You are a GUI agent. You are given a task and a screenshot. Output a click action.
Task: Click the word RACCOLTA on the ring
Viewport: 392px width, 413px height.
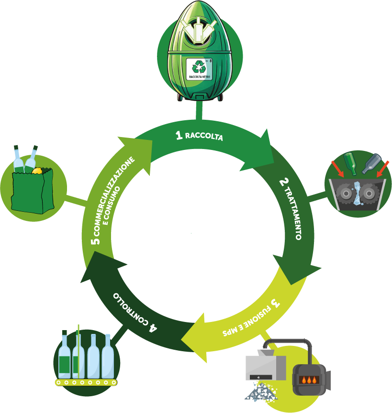coord(204,136)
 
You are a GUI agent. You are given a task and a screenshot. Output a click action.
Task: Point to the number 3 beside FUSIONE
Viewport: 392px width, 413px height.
coord(275,303)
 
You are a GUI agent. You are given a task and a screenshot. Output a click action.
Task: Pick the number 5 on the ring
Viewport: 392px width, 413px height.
coord(95,241)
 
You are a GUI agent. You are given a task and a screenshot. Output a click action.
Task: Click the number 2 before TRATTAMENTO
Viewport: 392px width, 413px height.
coord(284,182)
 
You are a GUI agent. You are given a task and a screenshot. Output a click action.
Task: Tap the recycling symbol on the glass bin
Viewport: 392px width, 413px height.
coord(199,67)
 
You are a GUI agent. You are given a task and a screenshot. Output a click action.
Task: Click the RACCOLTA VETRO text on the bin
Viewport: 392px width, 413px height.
coord(200,77)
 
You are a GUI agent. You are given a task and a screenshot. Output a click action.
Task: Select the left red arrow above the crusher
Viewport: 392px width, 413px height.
coord(337,169)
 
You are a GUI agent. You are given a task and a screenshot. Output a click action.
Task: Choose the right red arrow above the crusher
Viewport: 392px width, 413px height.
coord(382,169)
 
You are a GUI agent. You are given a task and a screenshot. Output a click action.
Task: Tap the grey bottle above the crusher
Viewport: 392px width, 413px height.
coord(371,164)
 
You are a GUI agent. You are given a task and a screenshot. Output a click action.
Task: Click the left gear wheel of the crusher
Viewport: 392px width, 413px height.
coord(346,194)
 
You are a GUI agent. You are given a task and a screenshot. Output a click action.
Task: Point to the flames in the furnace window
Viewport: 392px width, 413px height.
coord(309,380)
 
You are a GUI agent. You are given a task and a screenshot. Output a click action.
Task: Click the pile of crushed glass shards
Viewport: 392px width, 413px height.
coord(261,392)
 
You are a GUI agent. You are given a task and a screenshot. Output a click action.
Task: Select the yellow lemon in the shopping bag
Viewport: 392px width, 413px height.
coord(37,171)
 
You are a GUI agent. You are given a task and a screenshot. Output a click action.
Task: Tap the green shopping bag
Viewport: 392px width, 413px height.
coord(33,191)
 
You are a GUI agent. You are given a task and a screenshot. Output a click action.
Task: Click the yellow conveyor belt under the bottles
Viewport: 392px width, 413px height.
coord(86,382)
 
